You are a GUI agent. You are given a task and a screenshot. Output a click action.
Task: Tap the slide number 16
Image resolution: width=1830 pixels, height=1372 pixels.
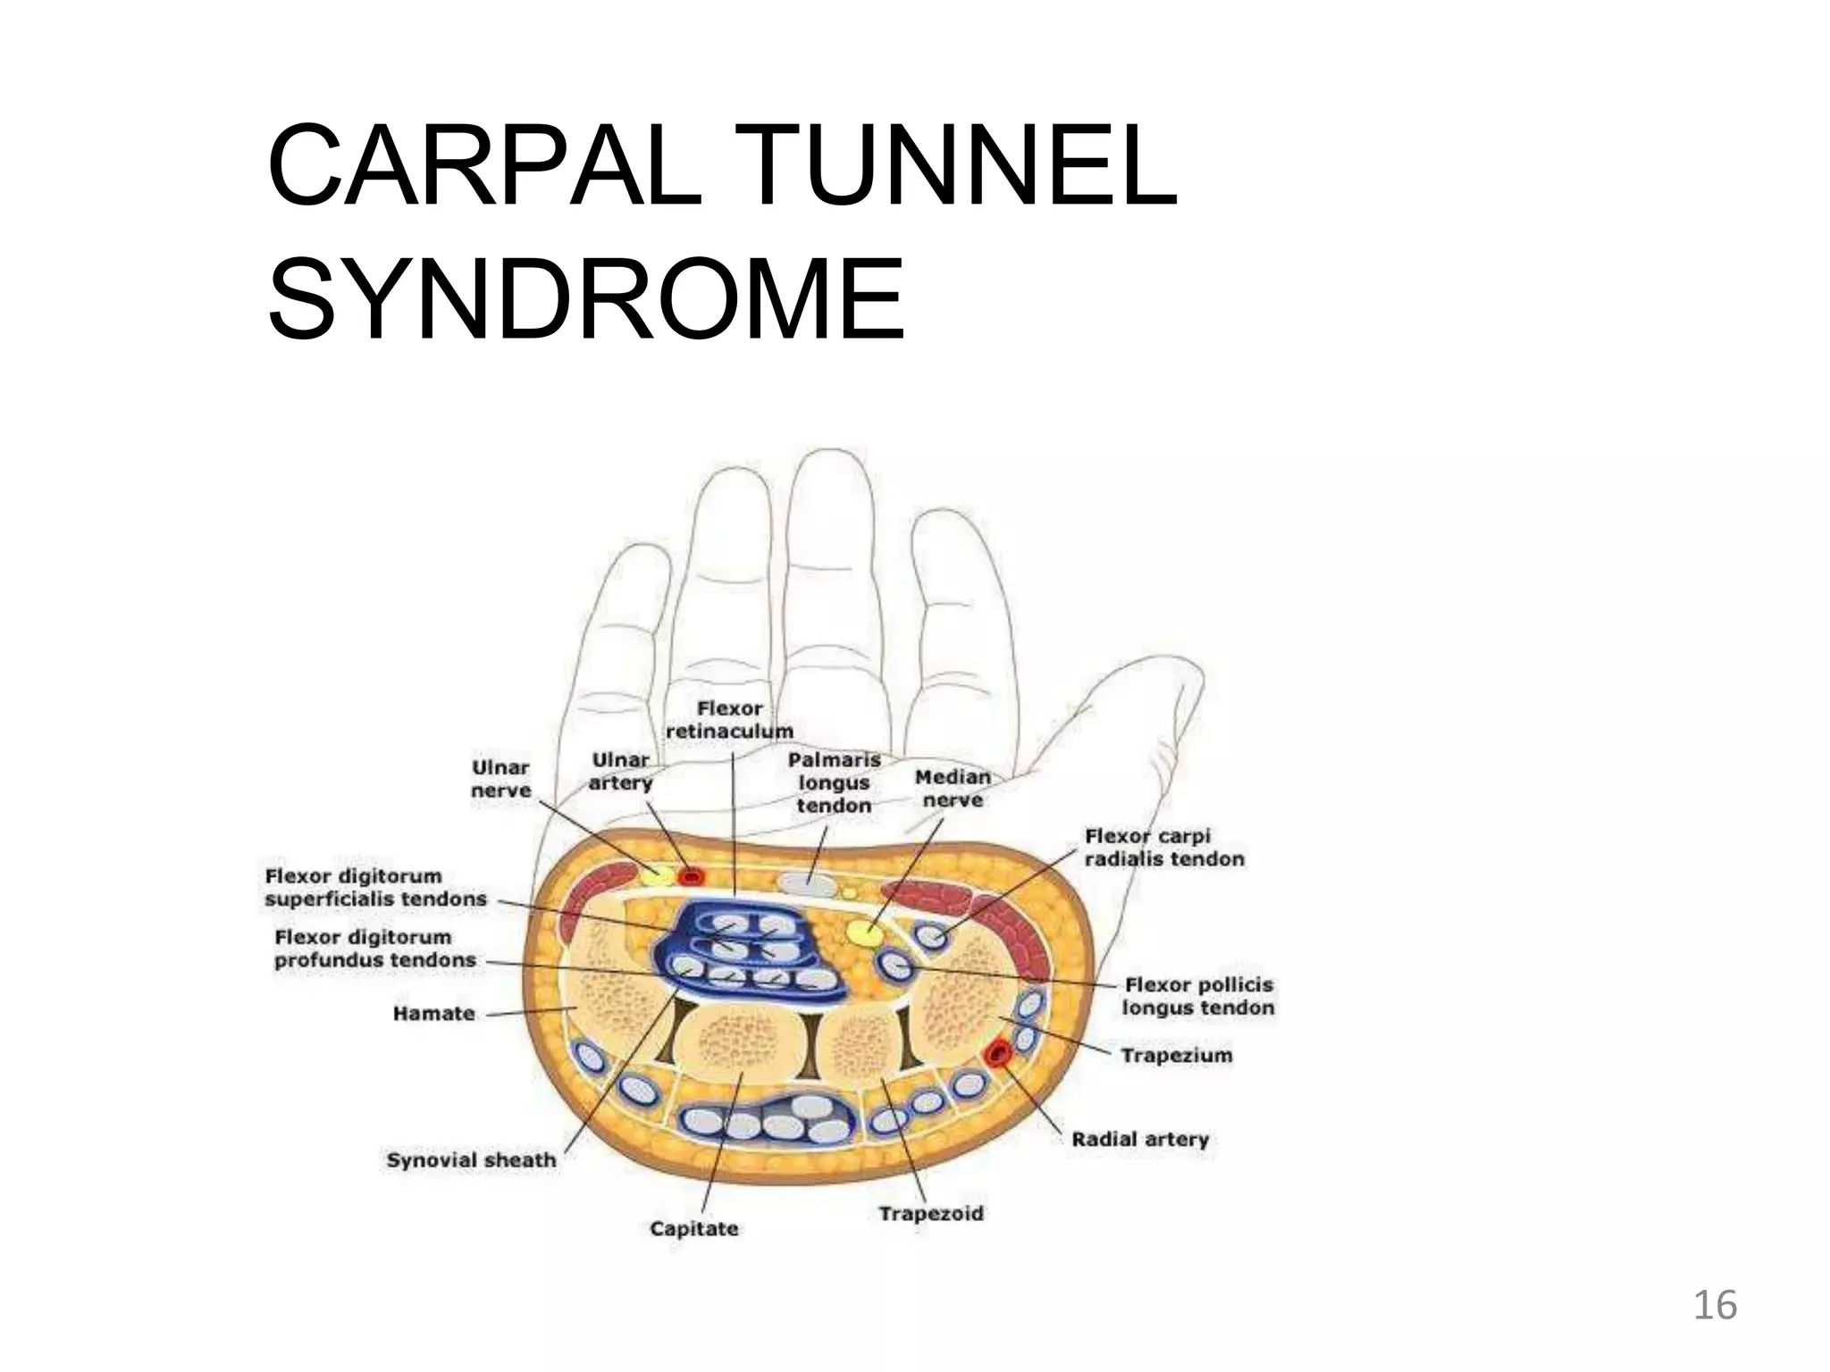[x=1715, y=1306]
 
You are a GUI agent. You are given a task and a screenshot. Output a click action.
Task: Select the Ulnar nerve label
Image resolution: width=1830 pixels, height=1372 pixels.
[x=500, y=779]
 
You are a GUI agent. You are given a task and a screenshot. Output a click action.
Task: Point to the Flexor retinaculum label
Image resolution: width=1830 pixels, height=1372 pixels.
[x=729, y=720]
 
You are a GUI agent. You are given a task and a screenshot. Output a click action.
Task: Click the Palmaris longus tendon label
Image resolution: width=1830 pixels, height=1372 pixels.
[x=834, y=782]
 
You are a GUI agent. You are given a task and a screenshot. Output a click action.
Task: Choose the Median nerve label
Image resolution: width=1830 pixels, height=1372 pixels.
[x=953, y=789]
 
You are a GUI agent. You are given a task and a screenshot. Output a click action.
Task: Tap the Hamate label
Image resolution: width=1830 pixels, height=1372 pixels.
[x=433, y=1014]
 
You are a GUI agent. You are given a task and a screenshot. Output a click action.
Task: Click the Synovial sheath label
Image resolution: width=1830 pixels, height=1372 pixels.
[x=471, y=1160]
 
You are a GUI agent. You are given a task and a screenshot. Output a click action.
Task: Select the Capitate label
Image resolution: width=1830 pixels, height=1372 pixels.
[x=694, y=1229]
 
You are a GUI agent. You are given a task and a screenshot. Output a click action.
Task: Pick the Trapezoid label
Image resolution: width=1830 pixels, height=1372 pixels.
[x=930, y=1214]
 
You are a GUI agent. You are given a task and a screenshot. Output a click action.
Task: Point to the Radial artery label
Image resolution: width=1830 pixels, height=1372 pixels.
[x=1140, y=1140]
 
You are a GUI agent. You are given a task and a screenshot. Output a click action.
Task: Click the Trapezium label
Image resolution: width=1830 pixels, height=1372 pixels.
[x=1176, y=1056]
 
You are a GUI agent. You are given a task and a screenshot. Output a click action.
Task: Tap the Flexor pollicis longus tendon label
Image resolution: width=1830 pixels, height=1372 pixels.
[x=1197, y=996]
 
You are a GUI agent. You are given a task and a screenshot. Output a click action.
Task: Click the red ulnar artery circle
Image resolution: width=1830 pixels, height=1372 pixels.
[x=690, y=876]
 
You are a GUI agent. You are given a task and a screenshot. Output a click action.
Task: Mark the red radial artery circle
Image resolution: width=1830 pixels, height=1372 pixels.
[x=996, y=1055]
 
